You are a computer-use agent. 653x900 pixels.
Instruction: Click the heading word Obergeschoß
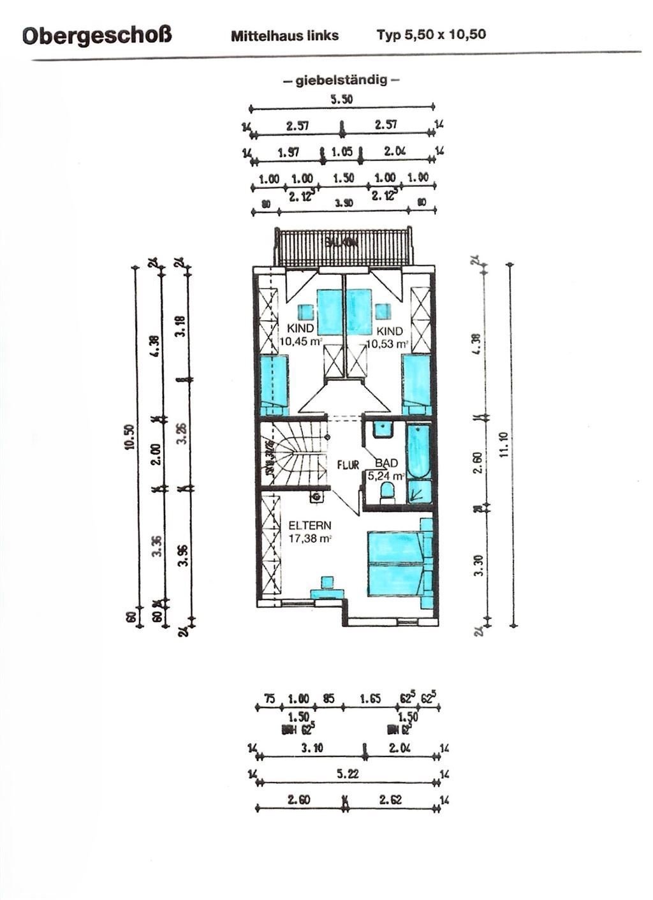tap(97, 35)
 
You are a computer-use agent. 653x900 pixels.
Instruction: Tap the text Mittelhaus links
tap(284, 36)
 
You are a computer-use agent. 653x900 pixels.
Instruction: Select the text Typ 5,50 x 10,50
tap(431, 34)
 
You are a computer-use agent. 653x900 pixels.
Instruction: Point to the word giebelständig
tap(341, 81)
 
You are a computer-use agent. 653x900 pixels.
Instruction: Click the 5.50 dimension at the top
tap(341, 100)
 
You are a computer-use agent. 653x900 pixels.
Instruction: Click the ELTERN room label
tap(309, 526)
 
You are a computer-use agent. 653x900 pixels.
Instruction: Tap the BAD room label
tap(386, 464)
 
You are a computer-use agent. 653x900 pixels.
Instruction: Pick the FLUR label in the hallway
tap(348, 465)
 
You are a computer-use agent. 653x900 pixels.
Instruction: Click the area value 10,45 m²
tap(301, 342)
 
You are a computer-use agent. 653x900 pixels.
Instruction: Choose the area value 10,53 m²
tap(386, 344)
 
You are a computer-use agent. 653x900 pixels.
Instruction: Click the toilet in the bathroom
tap(386, 492)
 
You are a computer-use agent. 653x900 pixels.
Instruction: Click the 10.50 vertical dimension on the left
tap(129, 438)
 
